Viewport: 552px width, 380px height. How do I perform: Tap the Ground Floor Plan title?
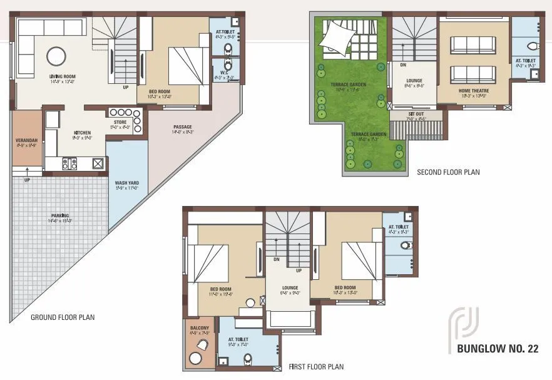[x=63, y=317]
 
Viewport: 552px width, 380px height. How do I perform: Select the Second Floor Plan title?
[x=448, y=172]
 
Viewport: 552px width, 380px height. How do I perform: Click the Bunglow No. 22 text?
[x=498, y=349]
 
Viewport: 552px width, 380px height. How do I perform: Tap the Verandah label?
[x=27, y=140]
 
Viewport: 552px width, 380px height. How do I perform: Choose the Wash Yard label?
[x=126, y=183]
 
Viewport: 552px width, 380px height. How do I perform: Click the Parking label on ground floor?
[x=61, y=216]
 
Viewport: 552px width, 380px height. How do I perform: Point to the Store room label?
[x=120, y=122]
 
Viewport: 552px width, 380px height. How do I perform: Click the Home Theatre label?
[x=474, y=91]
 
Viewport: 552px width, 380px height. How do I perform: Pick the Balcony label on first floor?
[x=200, y=328]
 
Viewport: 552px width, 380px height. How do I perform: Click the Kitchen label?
[x=83, y=133]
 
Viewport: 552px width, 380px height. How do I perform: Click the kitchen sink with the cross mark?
[x=98, y=163]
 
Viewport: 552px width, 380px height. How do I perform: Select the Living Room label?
[x=63, y=76]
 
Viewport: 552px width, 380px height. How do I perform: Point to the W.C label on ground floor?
[x=220, y=72]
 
